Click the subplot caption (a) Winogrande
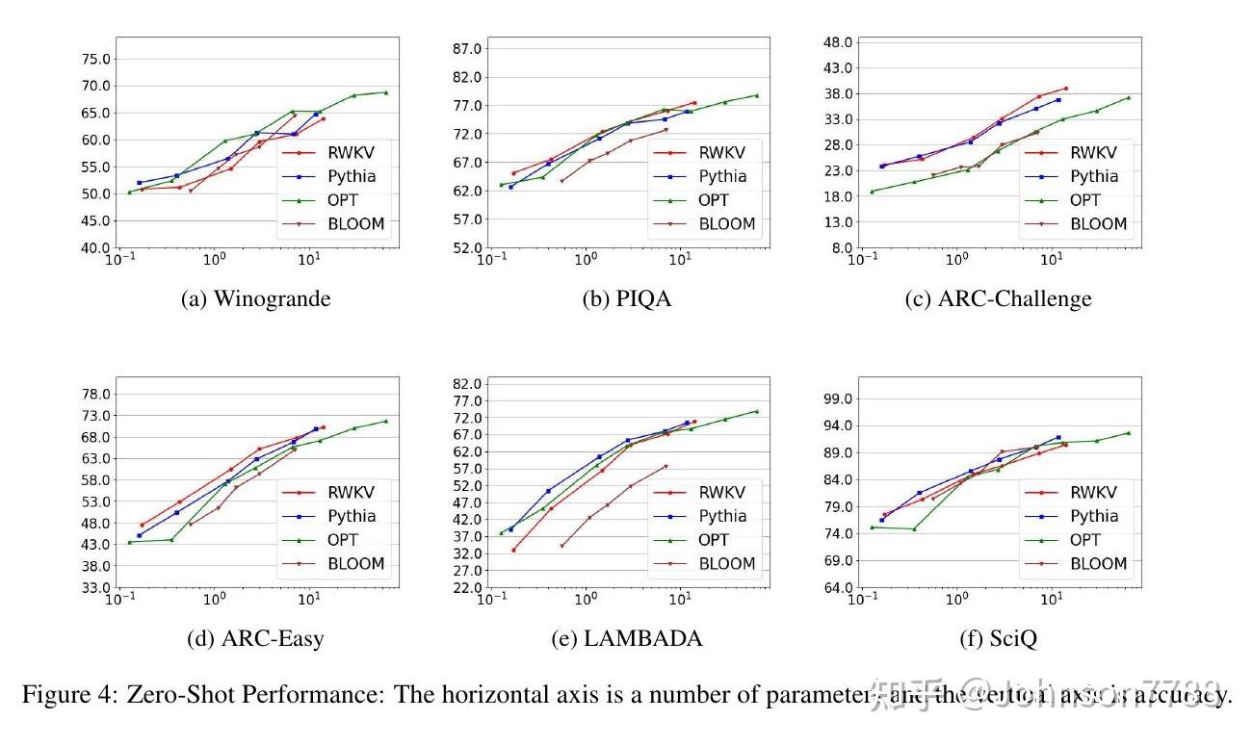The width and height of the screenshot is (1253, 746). click(255, 298)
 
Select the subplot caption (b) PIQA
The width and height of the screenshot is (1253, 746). click(627, 298)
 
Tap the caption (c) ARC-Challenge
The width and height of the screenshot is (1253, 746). click(999, 298)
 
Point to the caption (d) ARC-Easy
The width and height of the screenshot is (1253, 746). click(255, 638)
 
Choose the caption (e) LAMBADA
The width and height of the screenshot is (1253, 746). click(627, 638)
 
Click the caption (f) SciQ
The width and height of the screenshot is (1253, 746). click(999, 638)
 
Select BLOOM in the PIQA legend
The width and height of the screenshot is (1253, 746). click(727, 224)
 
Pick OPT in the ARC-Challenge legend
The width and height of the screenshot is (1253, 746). click(1084, 200)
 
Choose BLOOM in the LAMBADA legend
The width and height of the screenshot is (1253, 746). click(727, 564)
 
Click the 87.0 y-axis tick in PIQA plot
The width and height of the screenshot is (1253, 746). click(466, 48)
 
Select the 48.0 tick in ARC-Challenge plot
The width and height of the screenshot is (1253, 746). click(837, 42)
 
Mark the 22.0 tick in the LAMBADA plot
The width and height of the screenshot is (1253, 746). click(466, 587)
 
